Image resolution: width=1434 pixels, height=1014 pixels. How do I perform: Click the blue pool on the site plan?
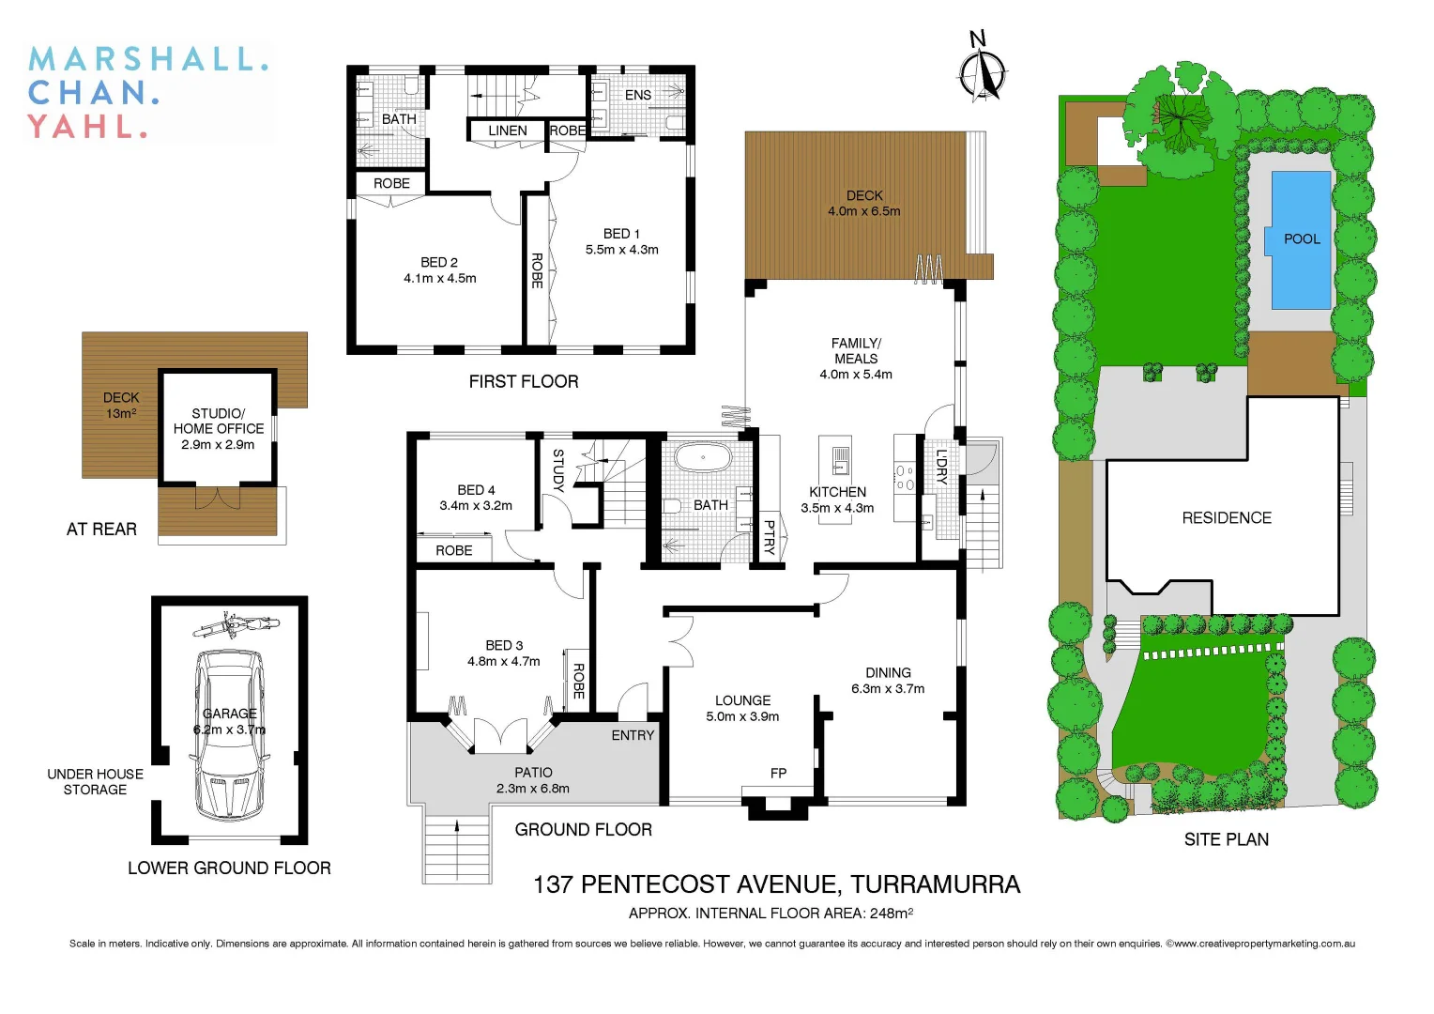(1301, 239)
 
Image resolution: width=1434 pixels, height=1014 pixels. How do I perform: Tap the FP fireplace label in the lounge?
(778, 774)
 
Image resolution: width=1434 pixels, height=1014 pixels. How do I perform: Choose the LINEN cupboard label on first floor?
(507, 131)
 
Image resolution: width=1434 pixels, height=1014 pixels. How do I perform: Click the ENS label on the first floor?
(638, 95)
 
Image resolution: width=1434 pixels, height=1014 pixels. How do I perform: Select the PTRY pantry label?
(769, 538)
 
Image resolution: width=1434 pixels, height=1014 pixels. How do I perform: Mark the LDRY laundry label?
(941, 467)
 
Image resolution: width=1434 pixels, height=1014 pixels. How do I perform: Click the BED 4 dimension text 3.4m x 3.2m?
(476, 505)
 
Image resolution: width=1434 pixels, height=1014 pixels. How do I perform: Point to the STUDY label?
(557, 470)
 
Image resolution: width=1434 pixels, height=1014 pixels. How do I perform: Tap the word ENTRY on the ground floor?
(633, 735)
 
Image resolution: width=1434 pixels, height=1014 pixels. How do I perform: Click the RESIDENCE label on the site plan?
(1227, 517)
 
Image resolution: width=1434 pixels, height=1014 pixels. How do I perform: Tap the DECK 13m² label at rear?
(121, 406)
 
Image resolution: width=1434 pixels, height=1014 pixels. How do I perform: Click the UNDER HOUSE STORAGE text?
(95, 781)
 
